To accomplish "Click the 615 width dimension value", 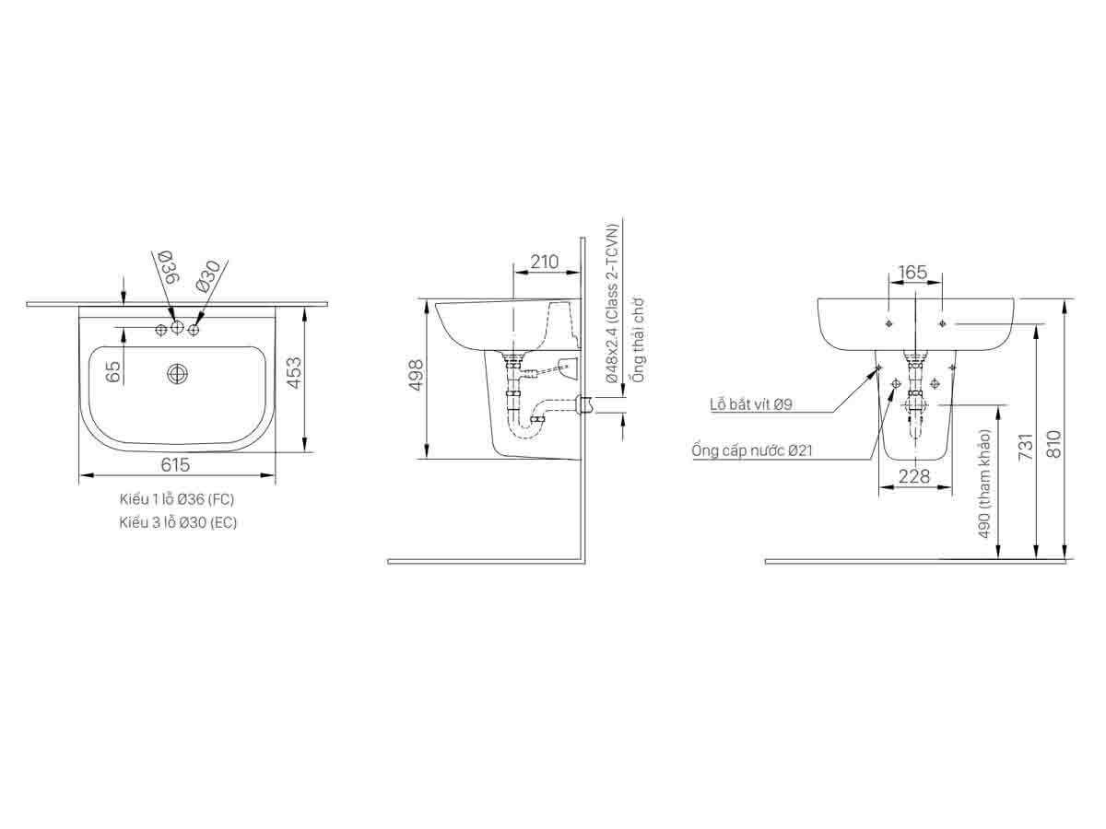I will click(x=175, y=465).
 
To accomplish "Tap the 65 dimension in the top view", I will click(x=113, y=371).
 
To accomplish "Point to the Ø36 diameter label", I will click(x=167, y=266).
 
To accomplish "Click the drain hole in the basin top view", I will click(x=177, y=373).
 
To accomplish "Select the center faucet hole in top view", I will click(x=178, y=329).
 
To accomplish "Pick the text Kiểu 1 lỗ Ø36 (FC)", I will click(x=176, y=499).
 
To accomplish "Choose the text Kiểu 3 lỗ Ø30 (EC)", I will click(x=176, y=521).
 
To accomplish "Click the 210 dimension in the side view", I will click(x=545, y=262).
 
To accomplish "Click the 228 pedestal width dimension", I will click(x=913, y=476).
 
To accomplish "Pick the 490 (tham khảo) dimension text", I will click(x=984, y=485).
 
